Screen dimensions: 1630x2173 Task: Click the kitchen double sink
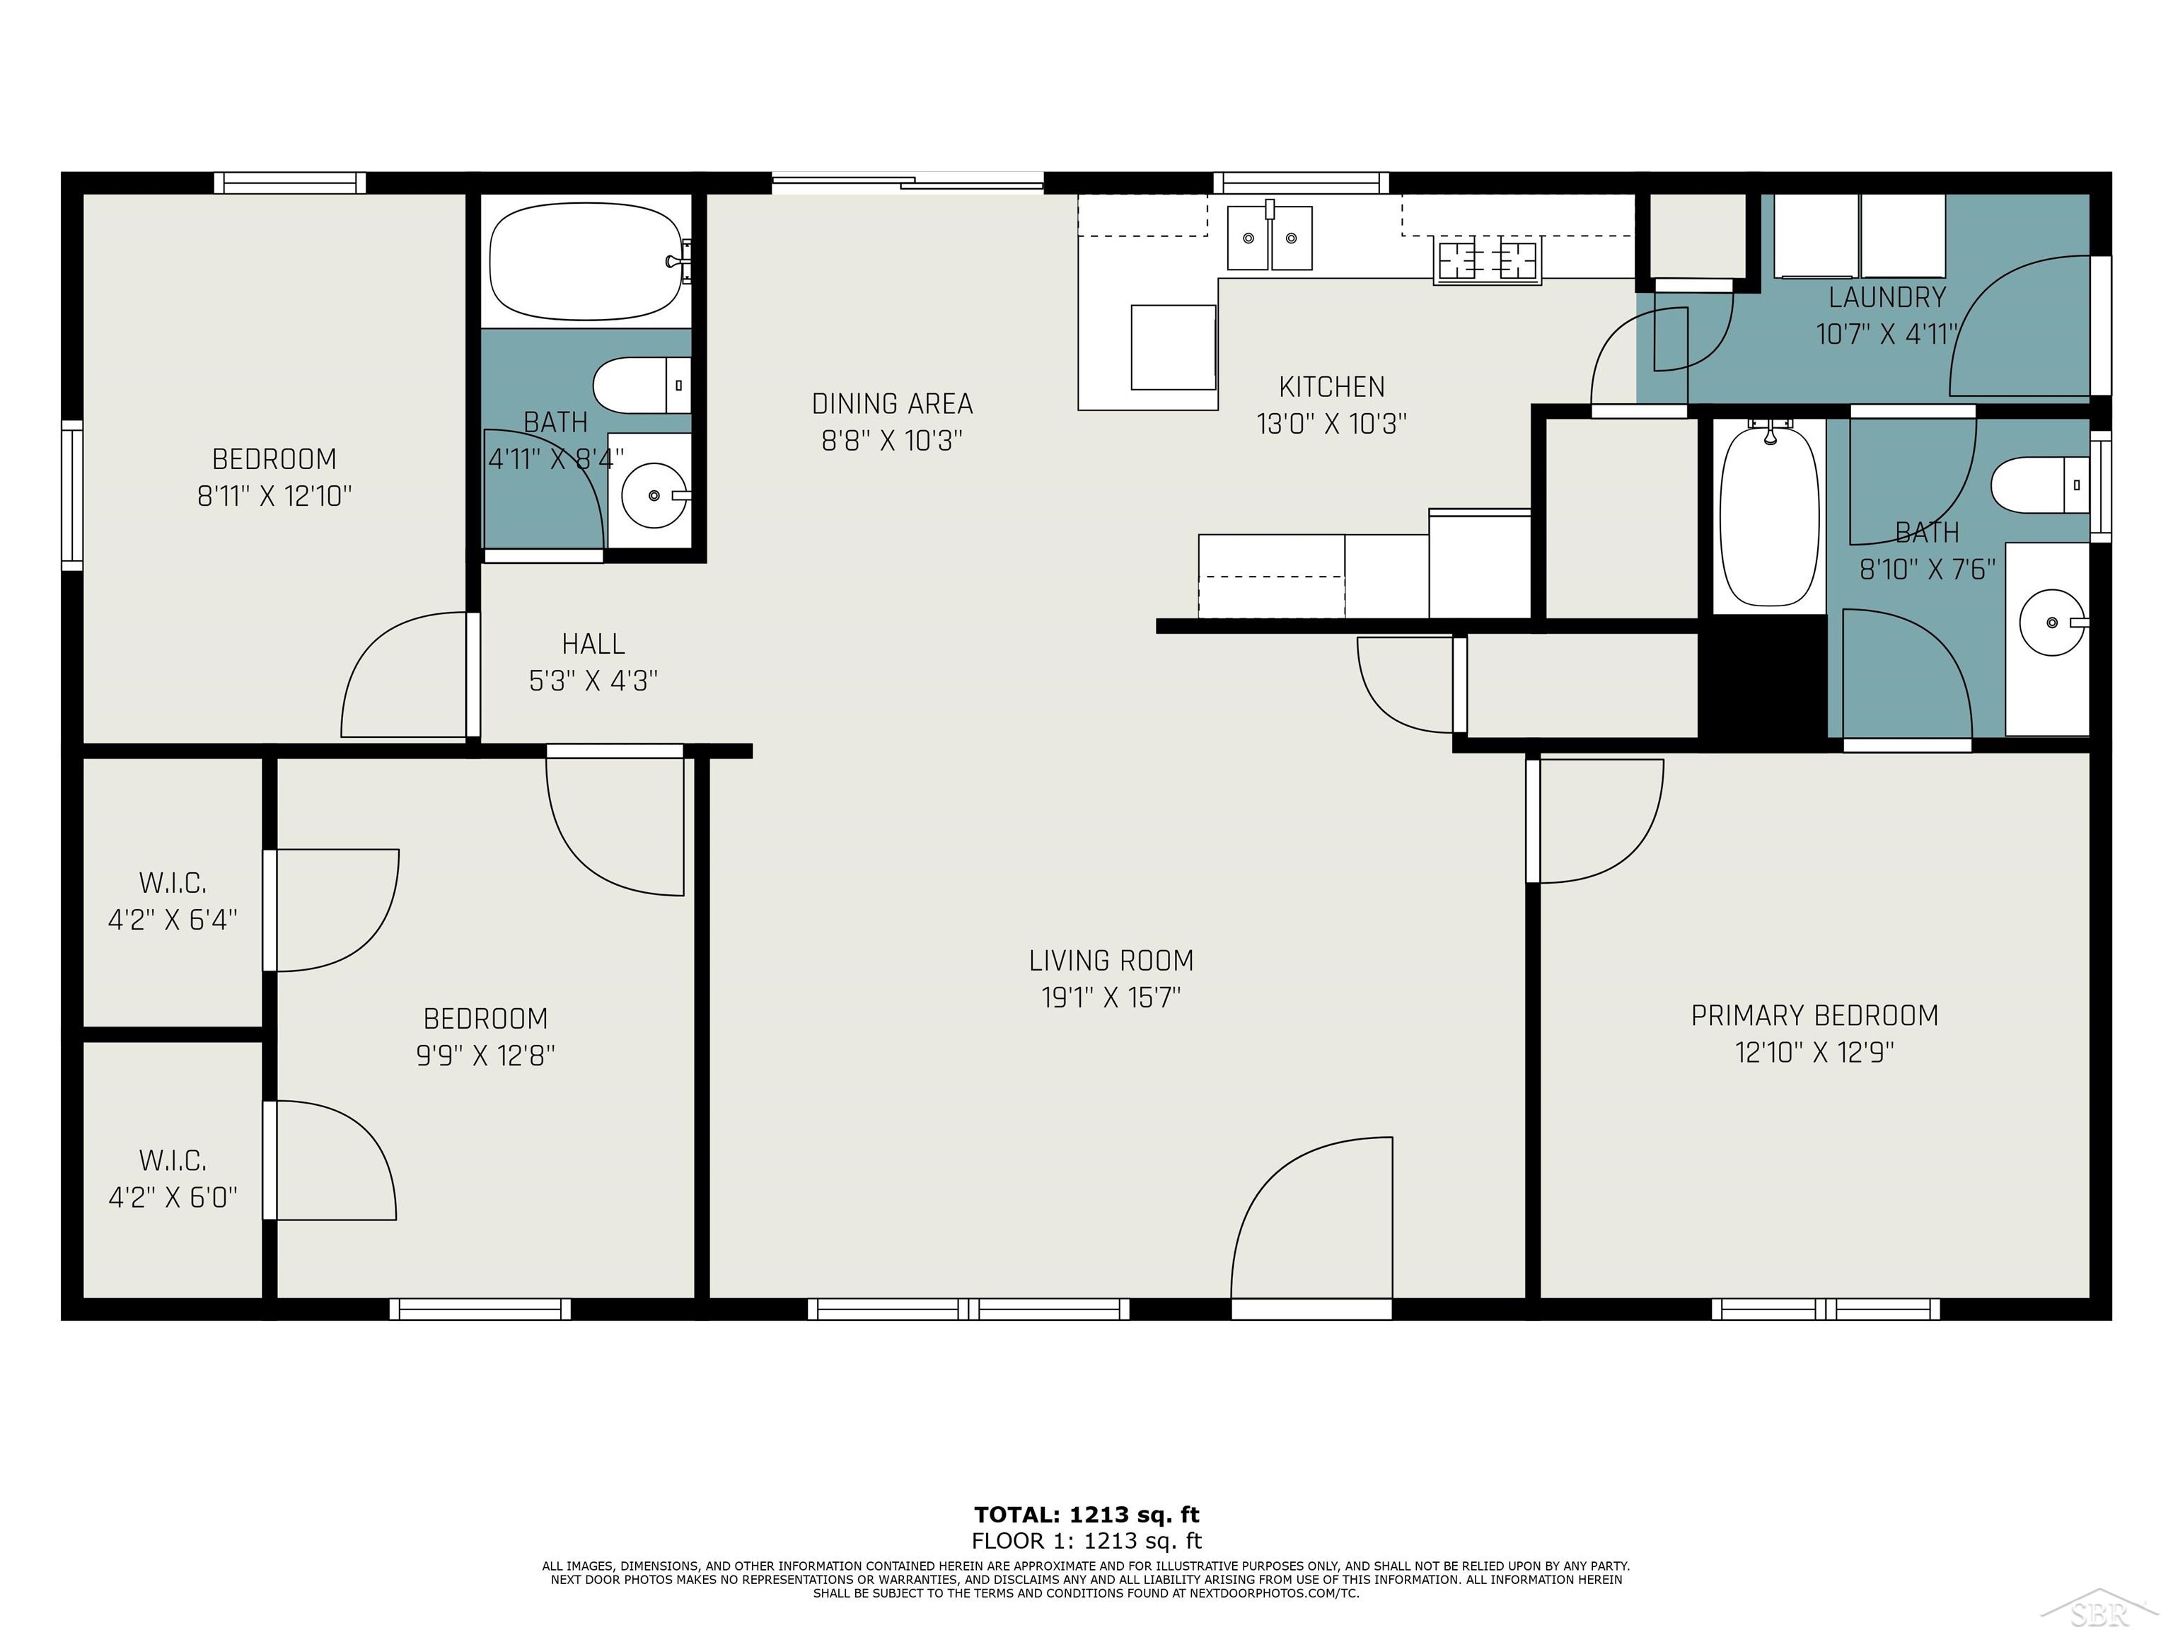click(x=1269, y=238)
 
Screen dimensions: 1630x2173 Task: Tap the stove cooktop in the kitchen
click(x=1488, y=260)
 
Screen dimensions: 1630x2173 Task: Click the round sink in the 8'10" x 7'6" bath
click(x=2051, y=622)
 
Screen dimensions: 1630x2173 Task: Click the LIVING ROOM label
click(x=1111, y=960)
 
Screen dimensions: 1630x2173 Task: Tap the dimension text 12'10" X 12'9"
click(x=1814, y=1052)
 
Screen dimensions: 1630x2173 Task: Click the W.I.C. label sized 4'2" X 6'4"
click(x=173, y=882)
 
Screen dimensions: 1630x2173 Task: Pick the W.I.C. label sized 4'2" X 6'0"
click(x=173, y=1160)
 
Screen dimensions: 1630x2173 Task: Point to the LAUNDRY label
click(x=1886, y=296)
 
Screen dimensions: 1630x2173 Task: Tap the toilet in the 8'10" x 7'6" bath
click(x=2039, y=485)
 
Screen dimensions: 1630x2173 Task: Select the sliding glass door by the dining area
click(x=907, y=182)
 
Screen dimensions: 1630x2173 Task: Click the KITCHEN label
click(x=1331, y=386)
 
